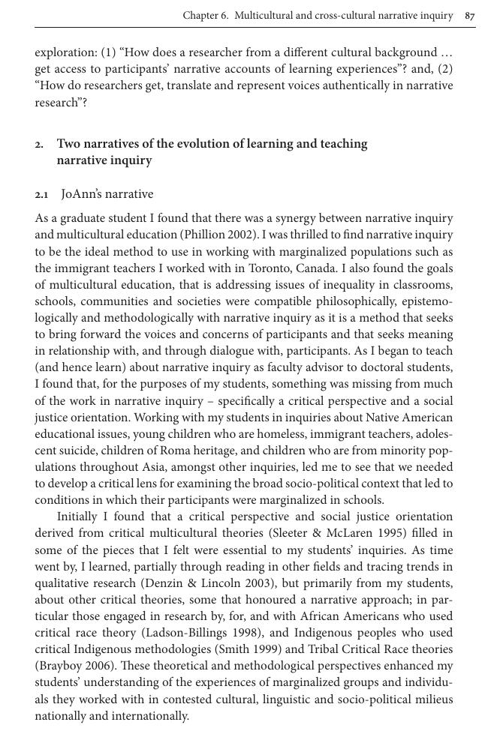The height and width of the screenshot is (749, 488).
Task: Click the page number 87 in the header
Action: [x=470, y=16]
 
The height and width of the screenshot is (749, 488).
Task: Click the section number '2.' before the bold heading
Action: [x=39, y=144]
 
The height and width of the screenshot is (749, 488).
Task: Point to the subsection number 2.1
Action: [x=41, y=195]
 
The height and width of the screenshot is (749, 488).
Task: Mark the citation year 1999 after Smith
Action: [x=288, y=649]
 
